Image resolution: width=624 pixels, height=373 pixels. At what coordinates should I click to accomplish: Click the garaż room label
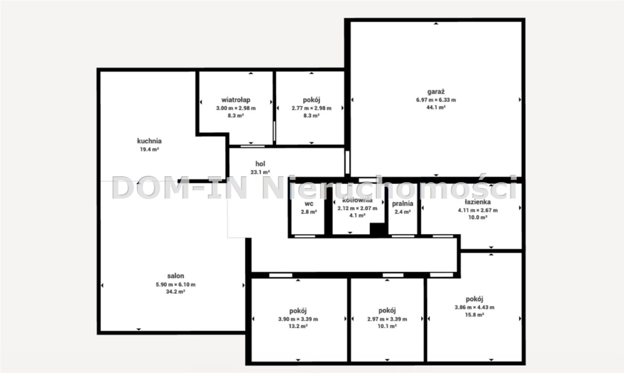pos(436,92)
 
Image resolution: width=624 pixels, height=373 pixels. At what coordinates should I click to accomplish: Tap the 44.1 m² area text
pos(436,107)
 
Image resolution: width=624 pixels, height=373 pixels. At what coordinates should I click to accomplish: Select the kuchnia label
pos(149,141)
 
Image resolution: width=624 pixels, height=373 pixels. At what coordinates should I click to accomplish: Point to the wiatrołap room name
pos(235,100)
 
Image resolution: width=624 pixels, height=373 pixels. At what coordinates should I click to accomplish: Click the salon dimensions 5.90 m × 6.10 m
pos(175,284)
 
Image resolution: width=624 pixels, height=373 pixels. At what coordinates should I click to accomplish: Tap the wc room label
pos(309,204)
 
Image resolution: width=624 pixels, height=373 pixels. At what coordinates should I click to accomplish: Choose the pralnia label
pos(403,204)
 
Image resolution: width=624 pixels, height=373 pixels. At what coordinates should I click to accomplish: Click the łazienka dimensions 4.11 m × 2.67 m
pos(478,210)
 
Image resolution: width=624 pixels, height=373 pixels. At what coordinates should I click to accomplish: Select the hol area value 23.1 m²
pos(260,172)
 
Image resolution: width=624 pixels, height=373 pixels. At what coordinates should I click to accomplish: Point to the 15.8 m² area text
pos(474,315)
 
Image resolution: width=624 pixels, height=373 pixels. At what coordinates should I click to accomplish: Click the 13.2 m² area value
pos(298,326)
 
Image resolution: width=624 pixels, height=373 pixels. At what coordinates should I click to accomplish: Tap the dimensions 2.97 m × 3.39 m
pos(387,319)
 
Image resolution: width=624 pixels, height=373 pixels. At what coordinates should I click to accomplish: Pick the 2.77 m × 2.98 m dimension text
pos(312,108)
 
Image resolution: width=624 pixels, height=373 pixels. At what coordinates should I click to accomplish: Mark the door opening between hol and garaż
pos(348,162)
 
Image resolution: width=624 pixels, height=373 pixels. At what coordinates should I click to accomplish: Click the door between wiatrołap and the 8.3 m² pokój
pos(274,131)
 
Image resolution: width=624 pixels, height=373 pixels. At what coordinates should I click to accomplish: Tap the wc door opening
pos(305,236)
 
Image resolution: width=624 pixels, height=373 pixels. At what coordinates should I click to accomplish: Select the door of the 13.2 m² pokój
pos(280,275)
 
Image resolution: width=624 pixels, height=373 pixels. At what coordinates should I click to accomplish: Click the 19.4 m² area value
pos(149,149)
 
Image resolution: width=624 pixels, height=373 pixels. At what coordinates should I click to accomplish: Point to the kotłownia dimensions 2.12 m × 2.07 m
pos(357,208)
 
